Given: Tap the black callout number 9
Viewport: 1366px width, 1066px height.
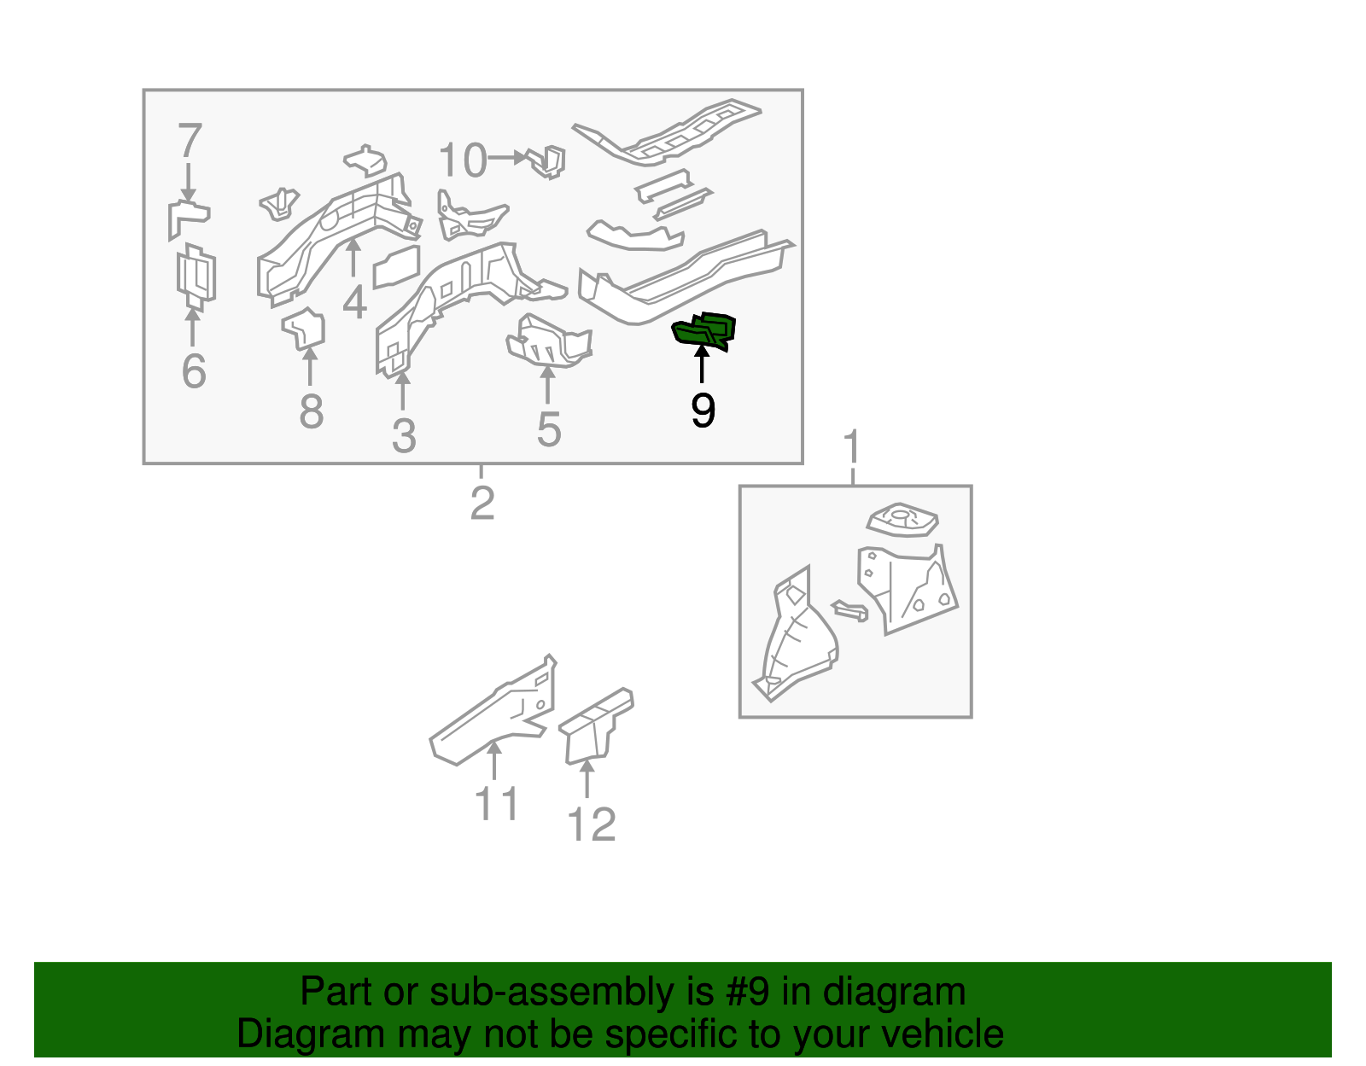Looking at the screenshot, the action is tap(703, 411).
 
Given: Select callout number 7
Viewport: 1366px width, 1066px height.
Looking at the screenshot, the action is tap(190, 140).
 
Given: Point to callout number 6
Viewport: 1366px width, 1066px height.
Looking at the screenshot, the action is tap(194, 370).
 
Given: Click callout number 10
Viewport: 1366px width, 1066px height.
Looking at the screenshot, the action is tap(463, 160).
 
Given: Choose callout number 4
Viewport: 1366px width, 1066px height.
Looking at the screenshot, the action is tap(355, 301).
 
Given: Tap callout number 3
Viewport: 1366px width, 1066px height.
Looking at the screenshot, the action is tap(404, 435).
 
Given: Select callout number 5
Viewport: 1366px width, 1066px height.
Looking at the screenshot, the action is tap(549, 429).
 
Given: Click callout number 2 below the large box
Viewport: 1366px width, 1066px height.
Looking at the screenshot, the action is tap(482, 503).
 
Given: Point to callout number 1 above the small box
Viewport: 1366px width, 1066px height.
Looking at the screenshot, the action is tap(852, 446).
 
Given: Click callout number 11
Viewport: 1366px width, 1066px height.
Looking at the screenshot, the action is tap(497, 803).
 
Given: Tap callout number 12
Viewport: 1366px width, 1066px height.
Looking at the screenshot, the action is tap(591, 824).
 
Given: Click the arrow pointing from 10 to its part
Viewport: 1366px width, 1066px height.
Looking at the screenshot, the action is tap(506, 158).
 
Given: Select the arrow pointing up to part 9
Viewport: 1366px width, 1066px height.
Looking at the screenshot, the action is tap(702, 363).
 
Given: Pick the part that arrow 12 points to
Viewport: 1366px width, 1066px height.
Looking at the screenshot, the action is tap(595, 726).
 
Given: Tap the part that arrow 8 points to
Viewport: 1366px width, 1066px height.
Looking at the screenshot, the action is tap(304, 328).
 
